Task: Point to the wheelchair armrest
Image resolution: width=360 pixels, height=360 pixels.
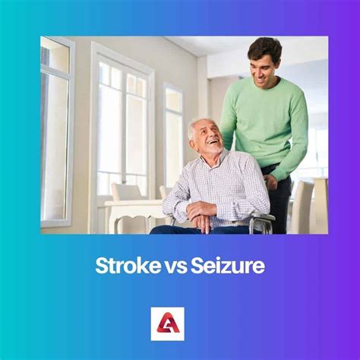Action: pyautogui.click(x=262, y=220)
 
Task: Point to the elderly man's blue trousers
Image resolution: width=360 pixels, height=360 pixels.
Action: pyautogui.click(x=178, y=229)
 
